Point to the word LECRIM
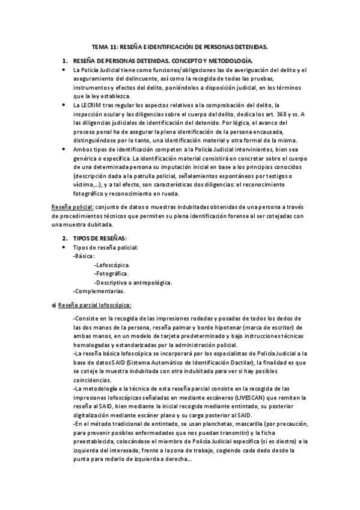tap(93, 105)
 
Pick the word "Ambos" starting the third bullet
tap(82, 149)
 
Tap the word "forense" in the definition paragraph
tap(245, 216)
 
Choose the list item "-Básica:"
tap(83, 256)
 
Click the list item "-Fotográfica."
tap(112, 274)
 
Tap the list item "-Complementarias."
tap(99, 291)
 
